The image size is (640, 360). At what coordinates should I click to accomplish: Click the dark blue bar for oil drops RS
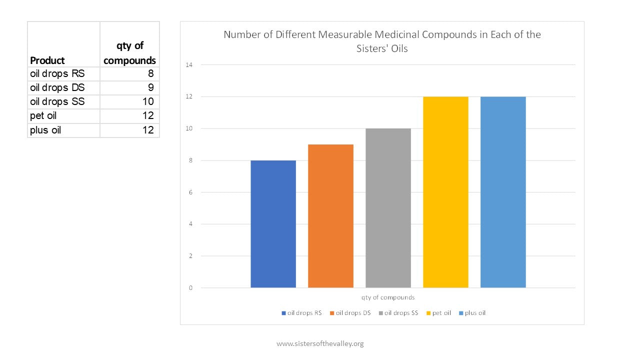tap(273, 224)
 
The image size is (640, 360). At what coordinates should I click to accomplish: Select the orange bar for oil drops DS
tap(330, 216)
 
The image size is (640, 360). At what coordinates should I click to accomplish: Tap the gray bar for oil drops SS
tap(388, 208)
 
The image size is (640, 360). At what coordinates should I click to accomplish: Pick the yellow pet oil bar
tap(445, 192)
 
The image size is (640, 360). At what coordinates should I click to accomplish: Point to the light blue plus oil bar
tap(503, 192)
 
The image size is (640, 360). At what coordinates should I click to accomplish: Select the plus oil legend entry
tap(472, 313)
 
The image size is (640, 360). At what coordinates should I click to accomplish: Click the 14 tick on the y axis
tap(189, 65)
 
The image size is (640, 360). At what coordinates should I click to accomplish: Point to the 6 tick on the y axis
tap(190, 192)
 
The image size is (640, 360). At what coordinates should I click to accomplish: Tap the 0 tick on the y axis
tap(190, 288)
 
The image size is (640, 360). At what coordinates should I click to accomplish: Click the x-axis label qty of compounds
tap(388, 297)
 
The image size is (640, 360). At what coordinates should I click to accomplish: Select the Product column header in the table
tap(47, 60)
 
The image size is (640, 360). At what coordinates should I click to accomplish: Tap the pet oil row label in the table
tap(43, 116)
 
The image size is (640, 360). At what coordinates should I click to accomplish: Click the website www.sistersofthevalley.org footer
tap(320, 343)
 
